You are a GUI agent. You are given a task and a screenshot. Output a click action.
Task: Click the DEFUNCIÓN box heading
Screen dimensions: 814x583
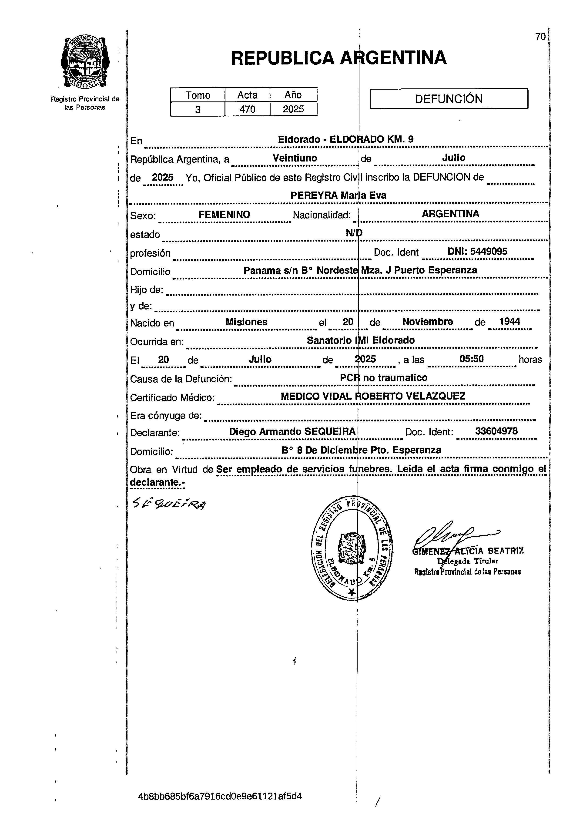(x=449, y=99)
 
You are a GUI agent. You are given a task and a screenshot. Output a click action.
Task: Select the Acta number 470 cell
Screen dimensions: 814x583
(x=247, y=109)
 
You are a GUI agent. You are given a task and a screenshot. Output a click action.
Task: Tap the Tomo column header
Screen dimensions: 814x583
(x=198, y=95)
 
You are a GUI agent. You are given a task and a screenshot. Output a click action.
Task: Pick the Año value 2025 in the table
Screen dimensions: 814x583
(x=293, y=109)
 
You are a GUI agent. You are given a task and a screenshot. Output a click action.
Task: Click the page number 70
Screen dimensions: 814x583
(x=540, y=37)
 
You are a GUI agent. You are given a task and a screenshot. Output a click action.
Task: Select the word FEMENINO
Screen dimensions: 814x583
(x=224, y=214)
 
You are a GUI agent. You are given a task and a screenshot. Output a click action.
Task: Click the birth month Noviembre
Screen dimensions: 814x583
(x=427, y=322)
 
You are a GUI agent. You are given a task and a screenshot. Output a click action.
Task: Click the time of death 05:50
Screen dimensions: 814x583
(x=471, y=359)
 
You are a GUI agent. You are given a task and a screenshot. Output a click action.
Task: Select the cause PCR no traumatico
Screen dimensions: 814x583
(x=384, y=378)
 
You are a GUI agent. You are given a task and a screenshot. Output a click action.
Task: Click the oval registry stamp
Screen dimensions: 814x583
(x=351, y=548)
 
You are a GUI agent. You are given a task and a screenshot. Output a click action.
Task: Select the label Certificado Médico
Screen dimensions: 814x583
(x=172, y=398)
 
